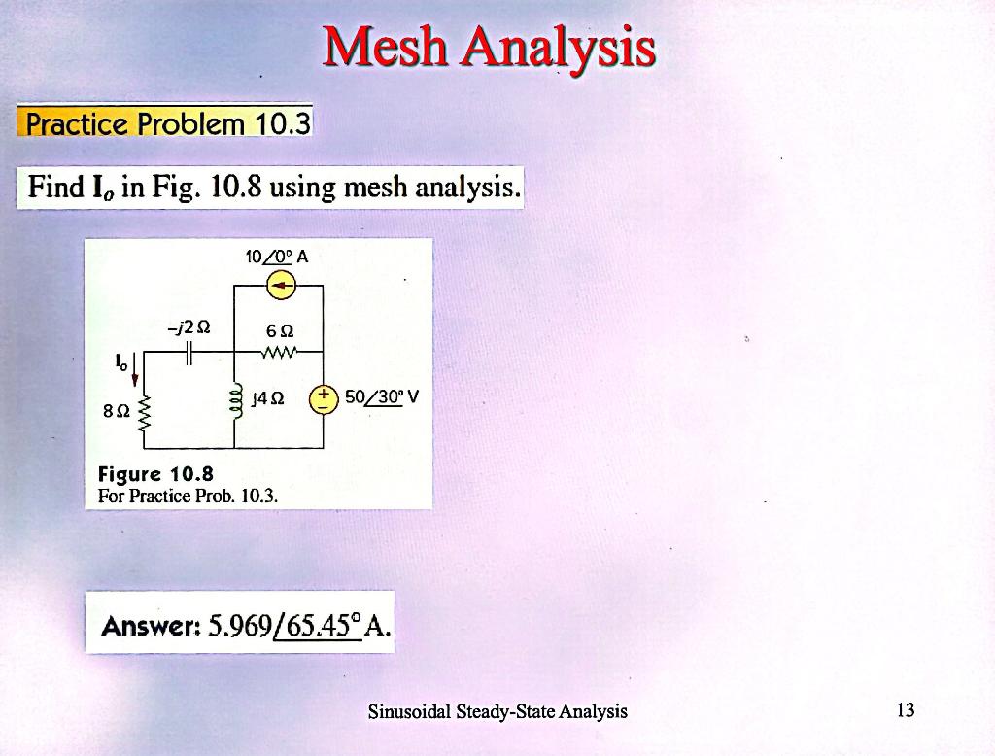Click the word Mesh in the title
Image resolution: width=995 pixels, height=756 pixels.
(385, 47)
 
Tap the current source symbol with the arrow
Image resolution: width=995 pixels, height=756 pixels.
(281, 286)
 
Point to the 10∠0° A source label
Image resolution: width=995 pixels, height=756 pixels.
(277, 258)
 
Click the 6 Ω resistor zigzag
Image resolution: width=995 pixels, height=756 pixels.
(278, 351)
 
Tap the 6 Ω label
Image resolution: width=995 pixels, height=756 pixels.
(280, 330)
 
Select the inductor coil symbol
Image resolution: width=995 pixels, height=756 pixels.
(235, 400)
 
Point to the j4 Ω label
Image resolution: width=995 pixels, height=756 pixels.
(268, 398)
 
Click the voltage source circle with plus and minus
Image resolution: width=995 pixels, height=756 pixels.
(324, 400)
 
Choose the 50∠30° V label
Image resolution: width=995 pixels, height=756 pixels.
(382, 397)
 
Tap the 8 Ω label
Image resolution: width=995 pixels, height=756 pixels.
(117, 411)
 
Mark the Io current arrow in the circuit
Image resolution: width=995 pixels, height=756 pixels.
(135, 370)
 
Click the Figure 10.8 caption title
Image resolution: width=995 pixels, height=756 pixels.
(155, 474)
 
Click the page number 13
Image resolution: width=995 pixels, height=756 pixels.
(906, 709)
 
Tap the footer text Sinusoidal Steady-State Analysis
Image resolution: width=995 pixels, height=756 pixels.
(497, 711)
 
